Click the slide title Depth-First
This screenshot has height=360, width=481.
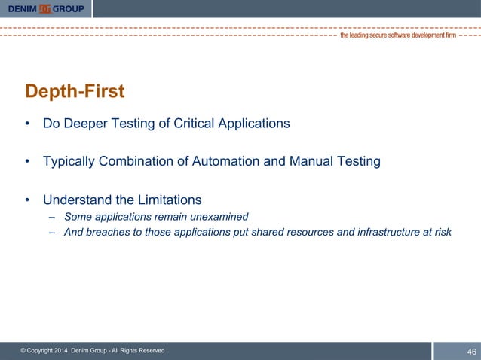tap(75, 92)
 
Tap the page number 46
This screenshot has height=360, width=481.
tap(472, 352)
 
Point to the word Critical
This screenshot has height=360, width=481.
tap(186, 124)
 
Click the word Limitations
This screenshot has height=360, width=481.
tap(167, 200)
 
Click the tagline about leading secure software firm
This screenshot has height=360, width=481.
tap(397, 35)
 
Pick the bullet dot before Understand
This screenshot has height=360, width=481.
tap(28, 200)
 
